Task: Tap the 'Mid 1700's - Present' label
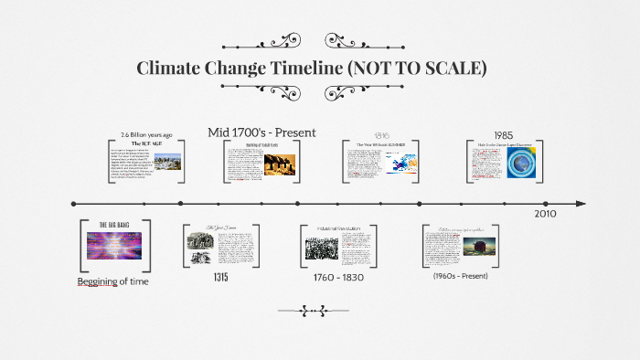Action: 261,132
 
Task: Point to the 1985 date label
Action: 503,135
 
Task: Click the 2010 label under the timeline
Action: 545,213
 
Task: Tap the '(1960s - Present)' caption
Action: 461,276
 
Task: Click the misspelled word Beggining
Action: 98,281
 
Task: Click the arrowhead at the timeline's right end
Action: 580,204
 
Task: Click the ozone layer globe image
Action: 528,165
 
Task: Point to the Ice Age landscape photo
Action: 164,162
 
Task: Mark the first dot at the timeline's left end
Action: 74,204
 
